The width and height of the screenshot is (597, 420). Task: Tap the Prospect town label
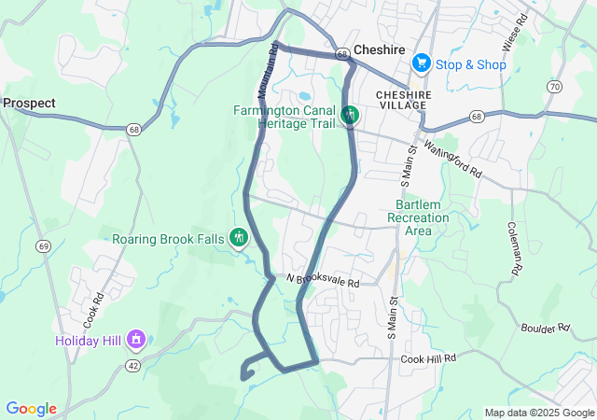pyautogui.click(x=29, y=104)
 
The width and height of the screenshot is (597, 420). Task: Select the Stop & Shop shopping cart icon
pyautogui.click(x=422, y=63)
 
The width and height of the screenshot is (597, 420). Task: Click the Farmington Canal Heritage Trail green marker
pyautogui.click(x=350, y=116)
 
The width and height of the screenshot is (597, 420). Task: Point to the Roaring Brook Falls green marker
pyautogui.click(x=239, y=238)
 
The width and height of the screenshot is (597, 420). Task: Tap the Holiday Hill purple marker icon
pyautogui.click(x=136, y=338)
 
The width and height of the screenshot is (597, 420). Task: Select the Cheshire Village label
pyautogui.click(x=405, y=100)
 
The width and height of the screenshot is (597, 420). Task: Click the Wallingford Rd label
pyautogui.click(x=452, y=160)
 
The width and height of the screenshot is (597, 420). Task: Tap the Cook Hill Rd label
pyautogui.click(x=428, y=357)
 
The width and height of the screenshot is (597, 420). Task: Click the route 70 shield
pyautogui.click(x=555, y=87)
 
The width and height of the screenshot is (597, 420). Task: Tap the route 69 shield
pyautogui.click(x=43, y=245)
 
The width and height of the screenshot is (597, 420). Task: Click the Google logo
pyautogui.click(x=31, y=409)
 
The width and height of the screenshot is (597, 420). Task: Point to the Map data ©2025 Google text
pyautogui.click(x=538, y=413)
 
